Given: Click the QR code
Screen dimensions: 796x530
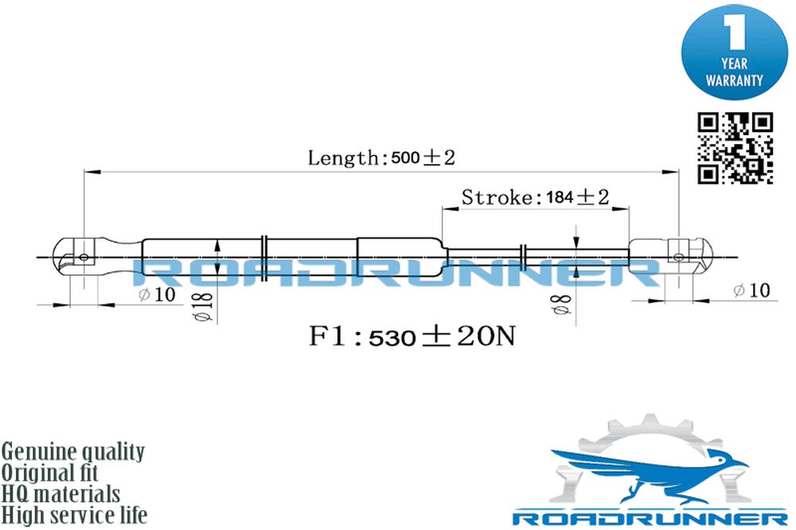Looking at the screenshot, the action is pyautogui.click(x=735, y=148).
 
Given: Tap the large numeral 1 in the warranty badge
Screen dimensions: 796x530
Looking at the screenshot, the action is pyautogui.click(x=735, y=32).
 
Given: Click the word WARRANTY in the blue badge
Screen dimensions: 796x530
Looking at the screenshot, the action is pyautogui.click(x=734, y=80).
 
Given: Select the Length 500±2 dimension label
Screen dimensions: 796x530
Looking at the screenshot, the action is pyautogui.click(x=381, y=158).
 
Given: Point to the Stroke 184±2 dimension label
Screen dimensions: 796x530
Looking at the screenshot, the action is pyautogui.click(x=535, y=197).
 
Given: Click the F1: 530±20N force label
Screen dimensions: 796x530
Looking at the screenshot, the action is pyautogui.click(x=412, y=336).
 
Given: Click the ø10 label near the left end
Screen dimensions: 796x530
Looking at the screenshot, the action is pyautogui.click(x=157, y=294).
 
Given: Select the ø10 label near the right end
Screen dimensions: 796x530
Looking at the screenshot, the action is pyautogui.click(x=752, y=290).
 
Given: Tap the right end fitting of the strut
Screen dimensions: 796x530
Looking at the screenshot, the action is pyautogui.click(x=671, y=256).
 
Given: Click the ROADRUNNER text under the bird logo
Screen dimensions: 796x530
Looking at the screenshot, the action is pyautogui.click(x=650, y=518).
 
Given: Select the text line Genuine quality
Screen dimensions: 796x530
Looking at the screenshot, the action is pyautogui.click(x=73, y=451).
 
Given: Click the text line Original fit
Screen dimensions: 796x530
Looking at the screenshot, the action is pyautogui.click(x=49, y=473).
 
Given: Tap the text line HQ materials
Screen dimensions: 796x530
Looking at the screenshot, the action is pyautogui.click(x=60, y=494).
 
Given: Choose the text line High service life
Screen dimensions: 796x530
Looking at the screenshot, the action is pyautogui.click(x=74, y=516).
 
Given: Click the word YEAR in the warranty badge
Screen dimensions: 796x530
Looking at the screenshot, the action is pyautogui.click(x=734, y=64).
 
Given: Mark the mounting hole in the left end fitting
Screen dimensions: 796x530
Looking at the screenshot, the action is pyautogui.click(x=84, y=257).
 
